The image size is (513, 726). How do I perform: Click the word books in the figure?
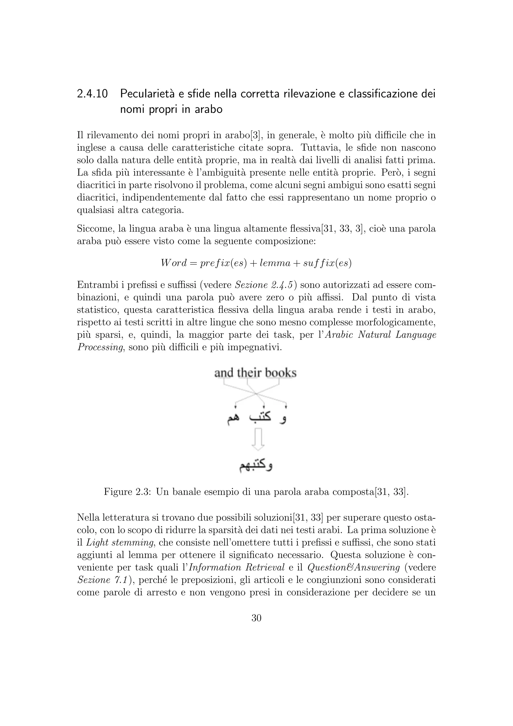281,373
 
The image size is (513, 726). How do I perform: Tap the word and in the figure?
224,373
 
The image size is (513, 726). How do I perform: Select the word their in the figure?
249,373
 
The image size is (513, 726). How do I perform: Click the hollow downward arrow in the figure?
258,439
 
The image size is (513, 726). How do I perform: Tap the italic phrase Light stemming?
120,542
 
